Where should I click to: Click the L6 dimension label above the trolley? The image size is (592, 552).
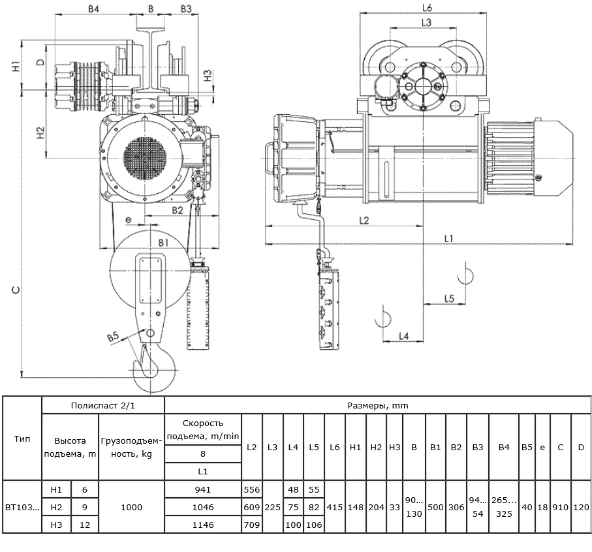click(x=427, y=7)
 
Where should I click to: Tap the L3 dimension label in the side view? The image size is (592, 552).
click(x=426, y=23)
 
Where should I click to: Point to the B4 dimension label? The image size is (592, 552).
click(x=93, y=8)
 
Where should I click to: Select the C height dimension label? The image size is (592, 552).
click(x=16, y=290)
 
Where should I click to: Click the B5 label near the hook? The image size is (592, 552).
click(x=114, y=336)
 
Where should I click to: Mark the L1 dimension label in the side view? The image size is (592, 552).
click(x=448, y=238)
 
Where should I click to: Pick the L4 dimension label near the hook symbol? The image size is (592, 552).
click(x=403, y=336)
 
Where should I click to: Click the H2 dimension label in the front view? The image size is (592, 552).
click(x=40, y=133)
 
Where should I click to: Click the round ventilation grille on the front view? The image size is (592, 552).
click(x=145, y=158)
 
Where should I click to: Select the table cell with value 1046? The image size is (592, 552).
click(x=203, y=507)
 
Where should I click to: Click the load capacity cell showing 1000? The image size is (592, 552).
click(x=131, y=507)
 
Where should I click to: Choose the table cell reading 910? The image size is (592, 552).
click(x=560, y=507)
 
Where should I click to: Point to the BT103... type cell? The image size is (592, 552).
click(x=22, y=507)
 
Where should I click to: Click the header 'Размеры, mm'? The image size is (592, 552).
click(x=378, y=406)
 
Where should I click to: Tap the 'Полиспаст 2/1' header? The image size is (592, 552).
click(x=103, y=406)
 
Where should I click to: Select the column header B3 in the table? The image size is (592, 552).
click(x=478, y=447)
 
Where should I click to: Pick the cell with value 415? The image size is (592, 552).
click(x=335, y=507)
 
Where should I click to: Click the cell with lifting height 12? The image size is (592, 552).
click(x=85, y=525)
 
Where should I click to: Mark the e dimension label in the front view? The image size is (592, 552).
click(x=129, y=219)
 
